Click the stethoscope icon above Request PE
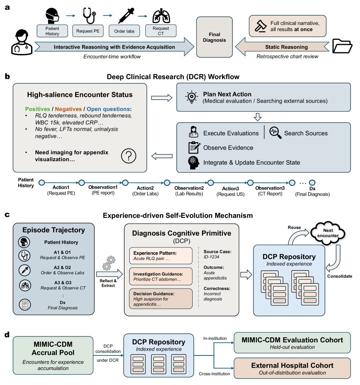[x=89, y=16]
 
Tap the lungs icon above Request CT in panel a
[x=161, y=16]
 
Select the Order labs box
[x=124, y=31]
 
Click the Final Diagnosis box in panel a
[x=214, y=37]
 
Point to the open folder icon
[x=342, y=46]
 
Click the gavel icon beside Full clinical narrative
[x=261, y=26]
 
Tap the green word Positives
[x=37, y=109]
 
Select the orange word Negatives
[x=68, y=109]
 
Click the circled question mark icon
[x=129, y=156]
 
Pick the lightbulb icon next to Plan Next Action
[x=192, y=97]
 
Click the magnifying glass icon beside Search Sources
[x=275, y=133]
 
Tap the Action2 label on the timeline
[x=145, y=188]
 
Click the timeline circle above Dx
[x=312, y=183]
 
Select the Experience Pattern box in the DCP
[x=161, y=256]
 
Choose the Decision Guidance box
[x=161, y=299]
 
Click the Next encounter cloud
[x=328, y=233]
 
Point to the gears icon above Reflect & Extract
[x=109, y=263]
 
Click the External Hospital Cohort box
[x=292, y=368]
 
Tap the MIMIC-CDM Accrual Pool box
[x=53, y=355]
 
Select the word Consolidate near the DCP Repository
[x=340, y=276]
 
